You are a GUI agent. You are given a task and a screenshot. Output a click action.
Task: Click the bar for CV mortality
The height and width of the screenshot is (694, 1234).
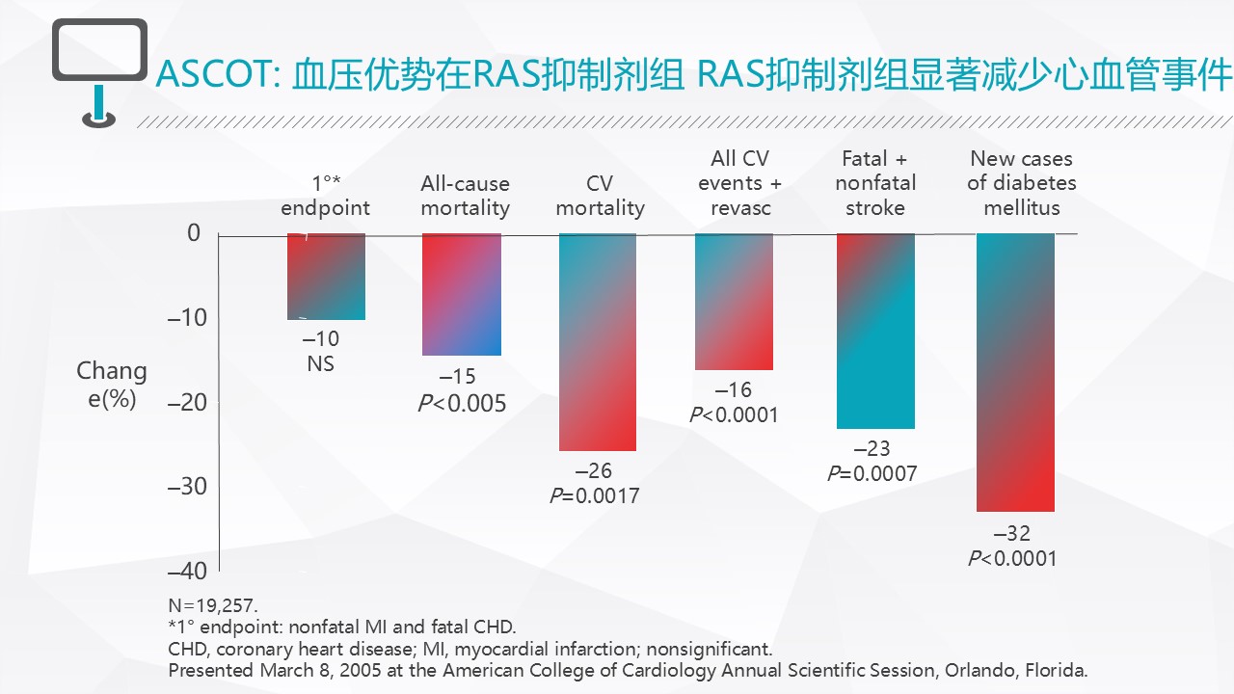click(598, 342)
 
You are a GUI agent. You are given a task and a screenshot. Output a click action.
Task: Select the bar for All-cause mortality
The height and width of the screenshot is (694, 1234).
click(462, 294)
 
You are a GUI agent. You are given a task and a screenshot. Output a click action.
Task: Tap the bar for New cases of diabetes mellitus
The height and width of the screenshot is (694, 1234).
click(1015, 372)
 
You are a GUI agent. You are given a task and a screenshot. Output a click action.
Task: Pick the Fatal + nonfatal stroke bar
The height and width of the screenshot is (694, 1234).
click(875, 331)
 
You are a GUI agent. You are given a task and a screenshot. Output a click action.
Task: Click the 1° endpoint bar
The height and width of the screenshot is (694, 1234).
click(326, 277)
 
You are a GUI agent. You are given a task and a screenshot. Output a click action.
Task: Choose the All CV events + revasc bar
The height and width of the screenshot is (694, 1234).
click(734, 302)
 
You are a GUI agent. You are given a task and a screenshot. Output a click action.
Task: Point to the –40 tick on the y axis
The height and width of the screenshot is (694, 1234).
click(187, 571)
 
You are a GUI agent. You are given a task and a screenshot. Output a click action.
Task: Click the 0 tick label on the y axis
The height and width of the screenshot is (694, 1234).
click(194, 233)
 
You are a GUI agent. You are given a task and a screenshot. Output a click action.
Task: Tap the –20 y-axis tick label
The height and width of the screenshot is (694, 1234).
click(187, 402)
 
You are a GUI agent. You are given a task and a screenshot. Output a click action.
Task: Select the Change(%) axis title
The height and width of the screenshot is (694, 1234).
click(112, 385)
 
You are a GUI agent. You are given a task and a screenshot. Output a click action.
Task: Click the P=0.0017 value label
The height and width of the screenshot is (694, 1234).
click(594, 495)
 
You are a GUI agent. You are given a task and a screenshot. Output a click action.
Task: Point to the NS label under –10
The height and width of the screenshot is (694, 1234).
click(321, 364)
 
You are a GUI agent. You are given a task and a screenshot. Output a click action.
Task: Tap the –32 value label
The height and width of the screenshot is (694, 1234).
click(1012, 534)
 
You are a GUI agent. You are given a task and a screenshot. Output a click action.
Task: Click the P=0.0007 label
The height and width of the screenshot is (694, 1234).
click(872, 473)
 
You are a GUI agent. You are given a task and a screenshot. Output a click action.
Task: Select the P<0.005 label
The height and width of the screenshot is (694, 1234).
click(461, 403)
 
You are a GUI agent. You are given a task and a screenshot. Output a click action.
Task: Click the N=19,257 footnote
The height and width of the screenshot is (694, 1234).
click(213, 606)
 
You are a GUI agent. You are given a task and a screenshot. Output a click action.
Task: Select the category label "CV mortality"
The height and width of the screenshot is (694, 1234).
click(600, 196)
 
